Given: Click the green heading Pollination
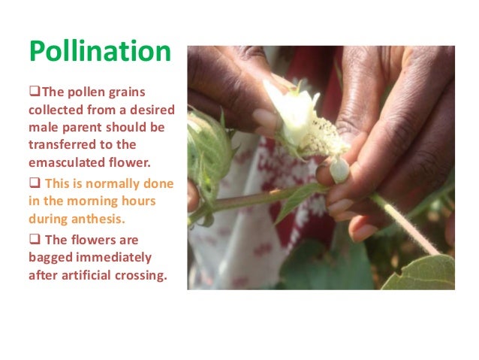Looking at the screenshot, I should (x=100, y=52).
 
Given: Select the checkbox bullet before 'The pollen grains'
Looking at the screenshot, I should (x=33, y=93).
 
